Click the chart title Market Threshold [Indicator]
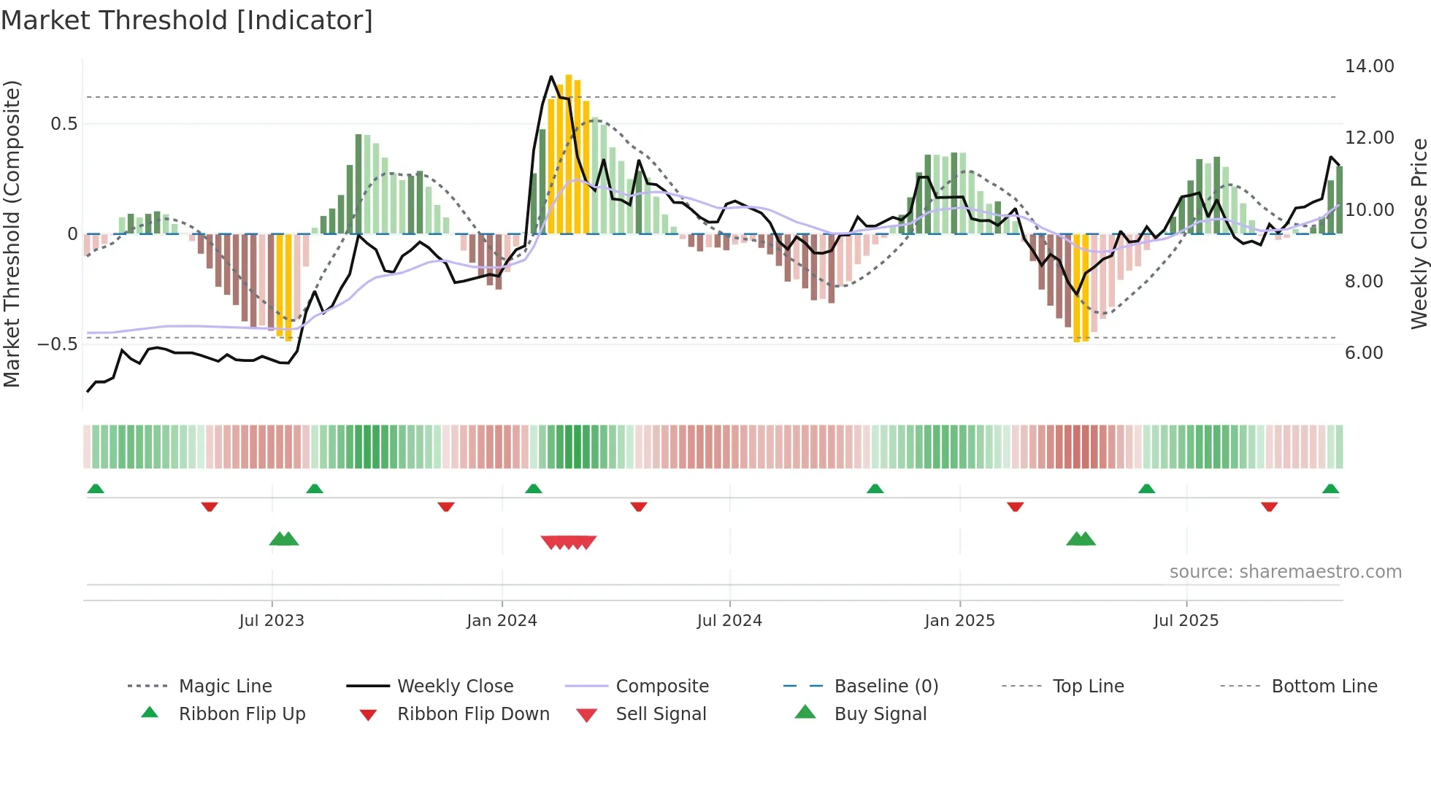pyautogui.click(x=187, y=20)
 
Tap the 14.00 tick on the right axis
pyautogui.click(x=1369, y=66)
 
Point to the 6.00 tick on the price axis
pyautogui.click(x=1364, y=353)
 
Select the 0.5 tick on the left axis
pyautogui.click(x=64, y=124)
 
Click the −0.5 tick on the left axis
pyautogui.click(x=58, y=344)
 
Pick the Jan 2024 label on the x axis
pyautogui.click(x=502, y=621)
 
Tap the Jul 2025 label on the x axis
pyautogui.click(x=1186, y=621)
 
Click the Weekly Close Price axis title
pyautogui.click(x=1419, y=233)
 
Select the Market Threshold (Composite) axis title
pyautogui.click(x=12, y=233)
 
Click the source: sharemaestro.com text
pyautogui.click(x=1285, y=572)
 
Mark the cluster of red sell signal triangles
pyautogui.click(x=569, y=542)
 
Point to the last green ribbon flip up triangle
pyautogui.click(x=1330, y=489)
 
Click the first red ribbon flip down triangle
pyautogui.click(x=210, y=506)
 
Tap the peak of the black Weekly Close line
pyautogui.click(x=551, y=76)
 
